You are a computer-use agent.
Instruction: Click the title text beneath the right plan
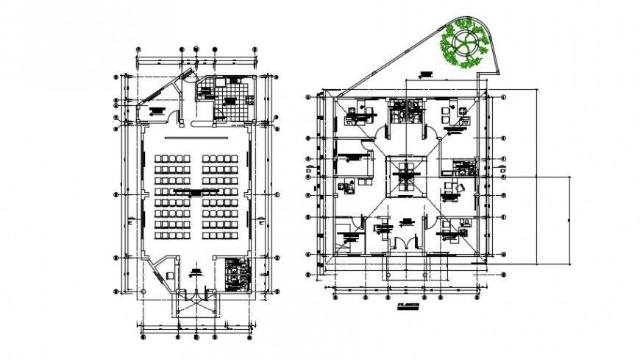(407, 304)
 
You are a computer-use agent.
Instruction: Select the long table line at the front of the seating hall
(196, 138)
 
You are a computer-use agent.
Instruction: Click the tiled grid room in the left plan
(234, 105)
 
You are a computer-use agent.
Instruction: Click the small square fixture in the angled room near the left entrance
(169, 276)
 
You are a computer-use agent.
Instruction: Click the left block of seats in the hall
(172, 196)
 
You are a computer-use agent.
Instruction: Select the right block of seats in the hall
(220, 196)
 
